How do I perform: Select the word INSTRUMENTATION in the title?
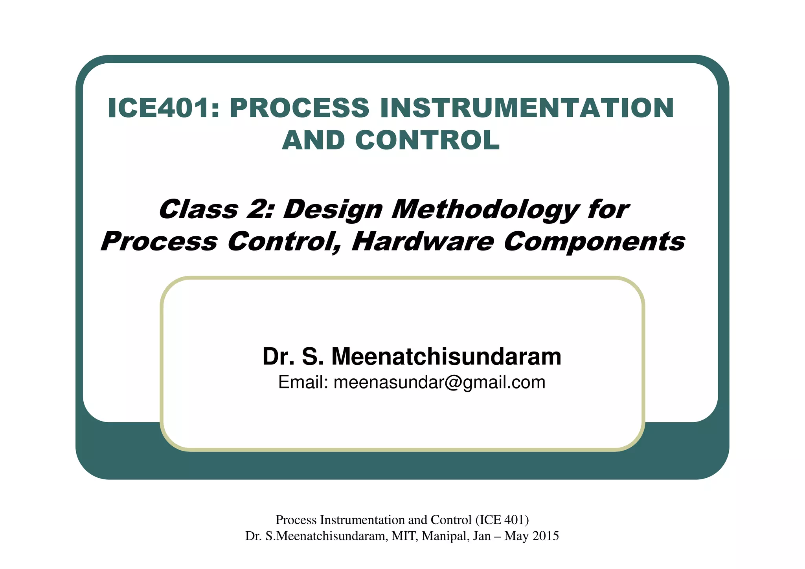click(527, 108)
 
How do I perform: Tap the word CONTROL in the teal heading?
click(427, 140)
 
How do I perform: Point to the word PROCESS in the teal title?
click(300, 108)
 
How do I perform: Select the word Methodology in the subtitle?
click(485, 209)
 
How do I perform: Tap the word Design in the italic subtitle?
click(333, 209)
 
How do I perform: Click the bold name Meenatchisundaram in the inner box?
click(446, 356)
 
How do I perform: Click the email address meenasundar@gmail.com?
click(439, 382)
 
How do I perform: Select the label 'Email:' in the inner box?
click(303, 382)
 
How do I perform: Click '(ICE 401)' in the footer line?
click(502, 520)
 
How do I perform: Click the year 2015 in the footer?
click(545, 536)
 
